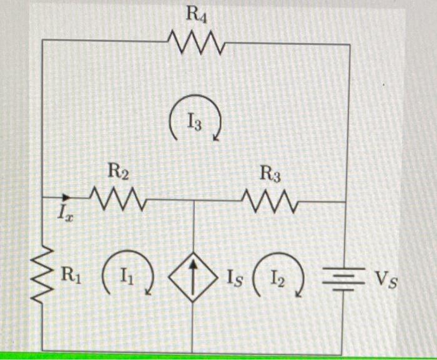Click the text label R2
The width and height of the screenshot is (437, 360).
(119, 170)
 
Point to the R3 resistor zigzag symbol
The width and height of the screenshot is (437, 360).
(270, 201)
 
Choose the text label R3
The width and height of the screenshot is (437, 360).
(270, 175)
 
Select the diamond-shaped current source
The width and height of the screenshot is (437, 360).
(193, 275)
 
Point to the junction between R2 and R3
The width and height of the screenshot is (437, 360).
(193, 201)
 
